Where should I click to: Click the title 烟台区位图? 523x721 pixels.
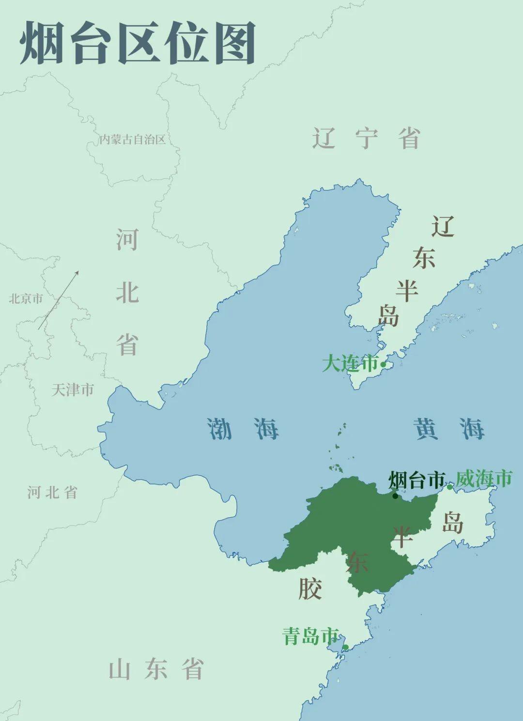coord(138,44)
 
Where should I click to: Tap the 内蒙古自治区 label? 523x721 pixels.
coord(132,140)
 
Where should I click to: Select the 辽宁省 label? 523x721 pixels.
coord(366,139)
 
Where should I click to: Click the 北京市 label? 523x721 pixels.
coord(26,299)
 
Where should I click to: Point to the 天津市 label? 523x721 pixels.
coord(73,390)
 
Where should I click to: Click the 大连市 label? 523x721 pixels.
coord(350,363)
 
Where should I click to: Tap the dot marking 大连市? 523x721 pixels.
coord(383,365)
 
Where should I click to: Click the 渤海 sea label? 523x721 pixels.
coord(243,429)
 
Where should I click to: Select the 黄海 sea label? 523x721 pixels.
coord(448,429)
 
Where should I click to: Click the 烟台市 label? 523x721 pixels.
coord(416,481)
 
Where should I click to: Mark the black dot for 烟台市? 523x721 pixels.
coord(395,496)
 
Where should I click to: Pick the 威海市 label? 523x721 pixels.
coord(484,479)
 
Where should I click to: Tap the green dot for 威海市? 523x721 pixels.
coord(449,487)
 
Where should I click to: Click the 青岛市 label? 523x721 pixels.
coord(310,636)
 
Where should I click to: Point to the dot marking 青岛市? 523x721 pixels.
coord(345,647)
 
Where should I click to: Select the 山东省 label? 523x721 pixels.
coord(156,670)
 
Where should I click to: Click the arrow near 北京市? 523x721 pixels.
coord(59,300)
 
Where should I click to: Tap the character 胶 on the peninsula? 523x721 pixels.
coord(310,589)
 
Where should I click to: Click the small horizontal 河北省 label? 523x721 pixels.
coord(52,493)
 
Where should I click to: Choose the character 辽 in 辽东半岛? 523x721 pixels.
coord(443,226)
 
